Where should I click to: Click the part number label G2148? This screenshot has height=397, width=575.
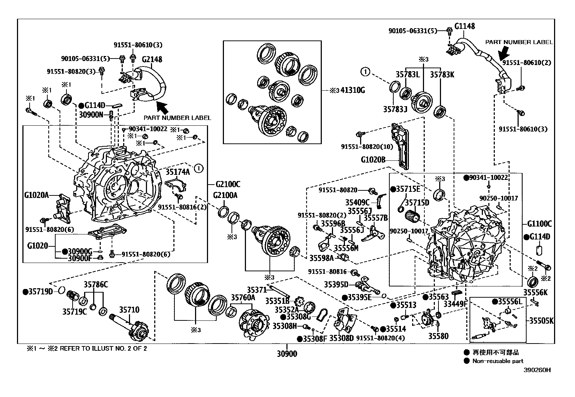coord(152,60)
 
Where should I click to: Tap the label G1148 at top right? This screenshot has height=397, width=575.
coord(464,26)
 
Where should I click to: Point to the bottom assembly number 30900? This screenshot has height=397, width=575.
coord(287,354)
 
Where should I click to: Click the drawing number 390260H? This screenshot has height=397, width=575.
coord(538,370)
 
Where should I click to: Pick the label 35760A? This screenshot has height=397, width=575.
coord(243,298)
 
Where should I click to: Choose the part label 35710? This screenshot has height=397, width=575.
coord(129,310)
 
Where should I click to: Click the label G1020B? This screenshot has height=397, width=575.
coord(373,159)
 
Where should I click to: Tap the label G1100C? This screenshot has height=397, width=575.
coord(539,224)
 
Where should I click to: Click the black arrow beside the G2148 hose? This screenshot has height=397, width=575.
coord(162,107)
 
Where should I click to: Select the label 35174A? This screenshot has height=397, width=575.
coord(177,172)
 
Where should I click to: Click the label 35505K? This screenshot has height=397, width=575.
coord(541,320)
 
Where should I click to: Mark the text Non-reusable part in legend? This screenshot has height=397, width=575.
coord(498,361)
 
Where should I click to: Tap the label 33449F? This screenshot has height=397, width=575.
coord(455,305)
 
